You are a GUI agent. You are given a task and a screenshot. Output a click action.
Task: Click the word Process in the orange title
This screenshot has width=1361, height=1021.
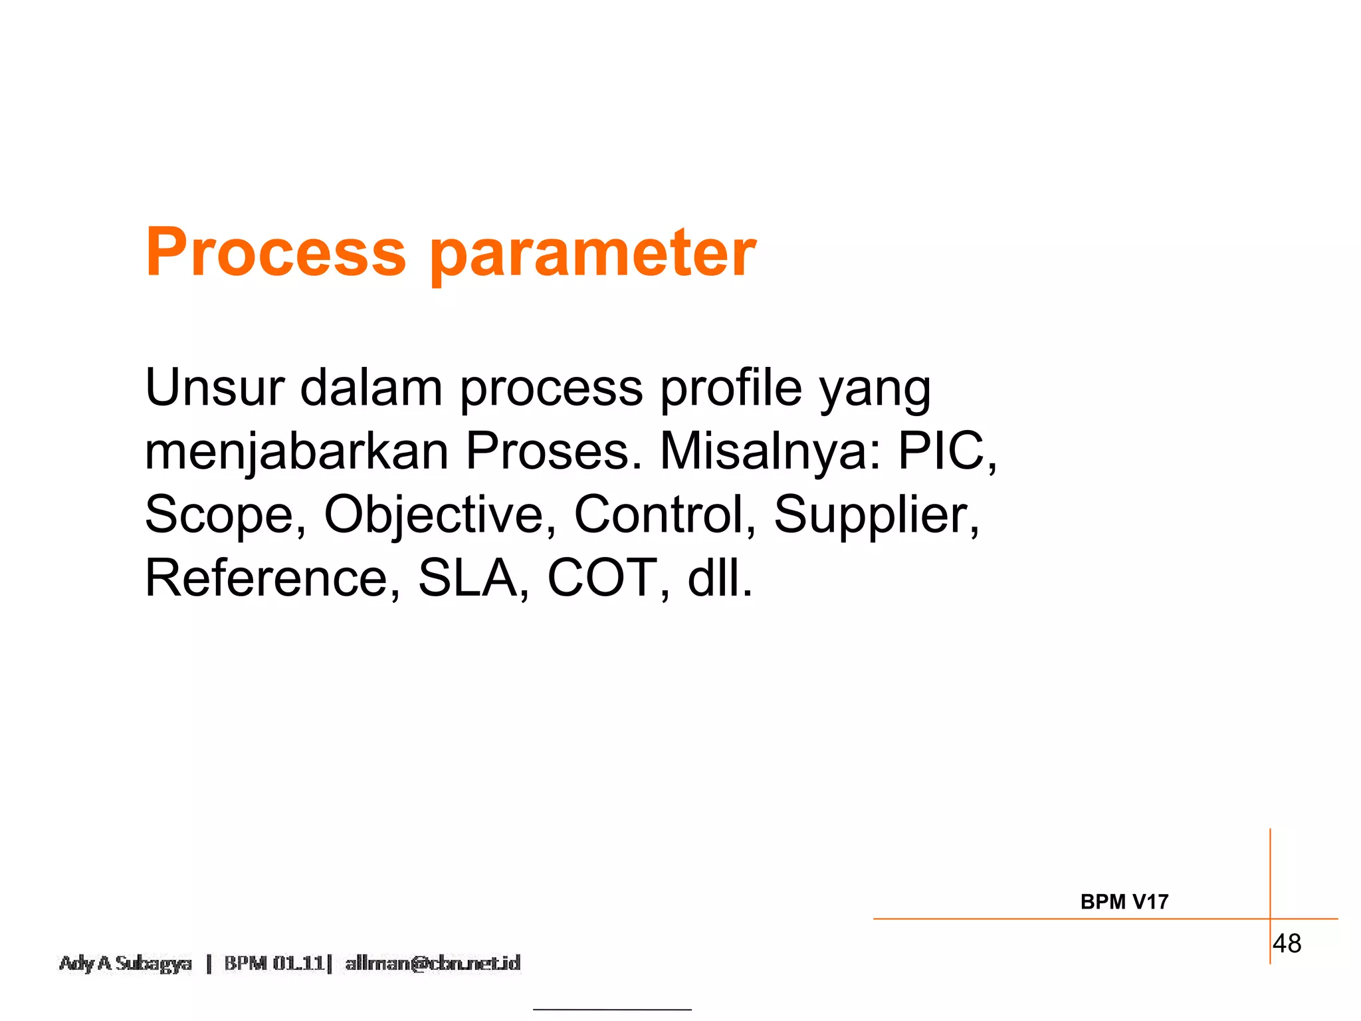[275, 253]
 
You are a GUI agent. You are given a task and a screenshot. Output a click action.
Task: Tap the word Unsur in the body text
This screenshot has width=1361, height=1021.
[215, 388]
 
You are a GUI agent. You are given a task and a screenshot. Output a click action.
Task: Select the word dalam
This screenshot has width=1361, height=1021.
[371, 388]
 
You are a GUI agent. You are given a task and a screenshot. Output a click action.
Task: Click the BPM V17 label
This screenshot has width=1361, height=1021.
[1124, 902]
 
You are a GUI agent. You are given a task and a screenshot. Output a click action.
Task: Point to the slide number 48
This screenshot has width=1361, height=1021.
[1287, 943]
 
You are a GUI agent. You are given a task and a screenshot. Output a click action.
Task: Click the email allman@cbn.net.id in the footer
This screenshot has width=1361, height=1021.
[433, 963]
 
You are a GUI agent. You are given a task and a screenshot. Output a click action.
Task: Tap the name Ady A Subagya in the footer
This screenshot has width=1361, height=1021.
[126, 963]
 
